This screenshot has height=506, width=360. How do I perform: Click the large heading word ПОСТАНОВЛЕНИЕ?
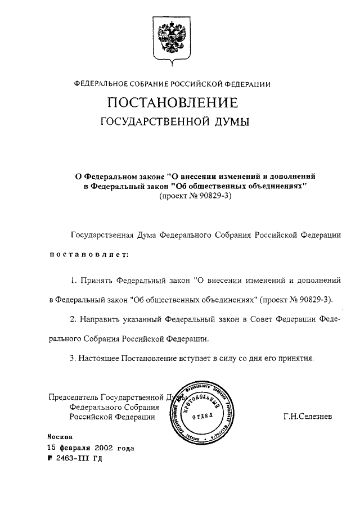tap(173, 103)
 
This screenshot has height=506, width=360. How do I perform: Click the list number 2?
tap(73, 319)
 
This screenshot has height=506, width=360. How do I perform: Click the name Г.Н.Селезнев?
tap(308, 417)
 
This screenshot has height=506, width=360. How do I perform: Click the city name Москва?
tap(60, 437)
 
